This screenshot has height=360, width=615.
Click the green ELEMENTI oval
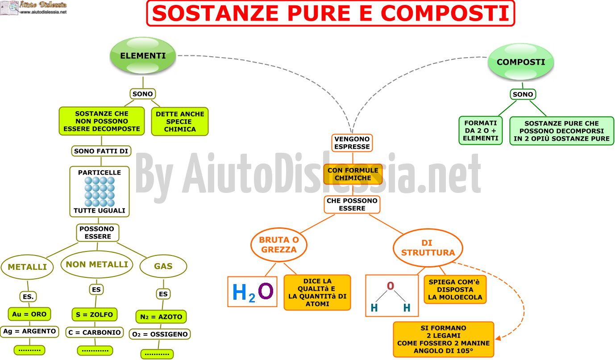pyautogui.click(x=143, y=56)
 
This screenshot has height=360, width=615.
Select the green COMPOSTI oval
pyautogui.click(x=521, y=62)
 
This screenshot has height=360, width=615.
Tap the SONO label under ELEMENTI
pyautogui.click(x=143, y=94)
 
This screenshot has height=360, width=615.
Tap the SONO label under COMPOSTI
pyautogui.click(x=523, y=94)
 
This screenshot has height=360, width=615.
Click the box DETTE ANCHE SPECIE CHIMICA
pyautogui.click(x=180, y=121)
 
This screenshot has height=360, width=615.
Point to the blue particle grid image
pyautogui.click(x=100, y=192)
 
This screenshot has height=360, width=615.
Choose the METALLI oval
pyautogui.click(x=27, y=267)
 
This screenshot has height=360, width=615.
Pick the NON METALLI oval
pyautogui.click(x=97, y=264)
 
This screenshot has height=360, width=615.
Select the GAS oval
pyautogui.click(x=163, y=266)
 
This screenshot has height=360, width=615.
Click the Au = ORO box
pyautogui.click(x=29, y=314)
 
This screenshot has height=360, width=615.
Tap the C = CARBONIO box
pyautogui.click(x=95, y=332)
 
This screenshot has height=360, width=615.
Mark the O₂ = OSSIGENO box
pyautogui.click(x=160, y=334)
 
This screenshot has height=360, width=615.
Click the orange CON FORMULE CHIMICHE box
pyautogui.click(x=353, y=174)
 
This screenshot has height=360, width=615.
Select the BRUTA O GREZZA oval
pyautogui.click(x=278, y=245)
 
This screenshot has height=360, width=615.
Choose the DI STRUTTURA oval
pyautogui.click(x=428, y=247)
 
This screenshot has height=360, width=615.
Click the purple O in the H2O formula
pyautogui.click(x=266, y=291)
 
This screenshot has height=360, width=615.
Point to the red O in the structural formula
pyautogui.click(x=391, y=286)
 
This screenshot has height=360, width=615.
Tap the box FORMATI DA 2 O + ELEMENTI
pyautogui.click(x=481, y=130)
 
